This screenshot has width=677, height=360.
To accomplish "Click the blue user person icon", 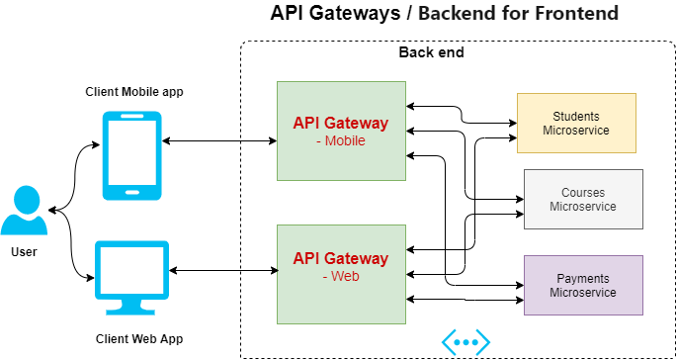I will (x=24, y=211).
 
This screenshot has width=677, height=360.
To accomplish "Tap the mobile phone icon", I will (x=131, y=155).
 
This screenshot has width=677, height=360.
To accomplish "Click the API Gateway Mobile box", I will (x=341, y=131).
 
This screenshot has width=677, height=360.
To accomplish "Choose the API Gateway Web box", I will (x=341, y=274).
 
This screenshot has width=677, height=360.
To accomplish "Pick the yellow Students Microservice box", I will (x=576, y=124).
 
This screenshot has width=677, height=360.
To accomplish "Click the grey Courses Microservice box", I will (x=583, y=200).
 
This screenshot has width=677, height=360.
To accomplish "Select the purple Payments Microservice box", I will (x=583, y=286).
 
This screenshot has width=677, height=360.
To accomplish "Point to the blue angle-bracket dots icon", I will (x=465, y=342).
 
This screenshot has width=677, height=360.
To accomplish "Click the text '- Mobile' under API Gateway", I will (x=341, y=140).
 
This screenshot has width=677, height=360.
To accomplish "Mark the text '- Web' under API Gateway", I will (x=341, y=276).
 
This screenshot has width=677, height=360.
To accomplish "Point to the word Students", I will (x=576, y=117).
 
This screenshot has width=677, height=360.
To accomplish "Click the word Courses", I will (x=583, y=193).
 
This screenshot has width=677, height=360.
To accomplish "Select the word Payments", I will (x=583, y=279).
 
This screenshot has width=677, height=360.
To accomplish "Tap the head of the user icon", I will (x=25, y=198).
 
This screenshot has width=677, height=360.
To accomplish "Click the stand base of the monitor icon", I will (x=131, y=311).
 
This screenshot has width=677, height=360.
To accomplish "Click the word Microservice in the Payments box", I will (x=583, y=293).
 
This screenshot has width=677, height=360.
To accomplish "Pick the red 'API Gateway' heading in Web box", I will (x=341, y=258).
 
